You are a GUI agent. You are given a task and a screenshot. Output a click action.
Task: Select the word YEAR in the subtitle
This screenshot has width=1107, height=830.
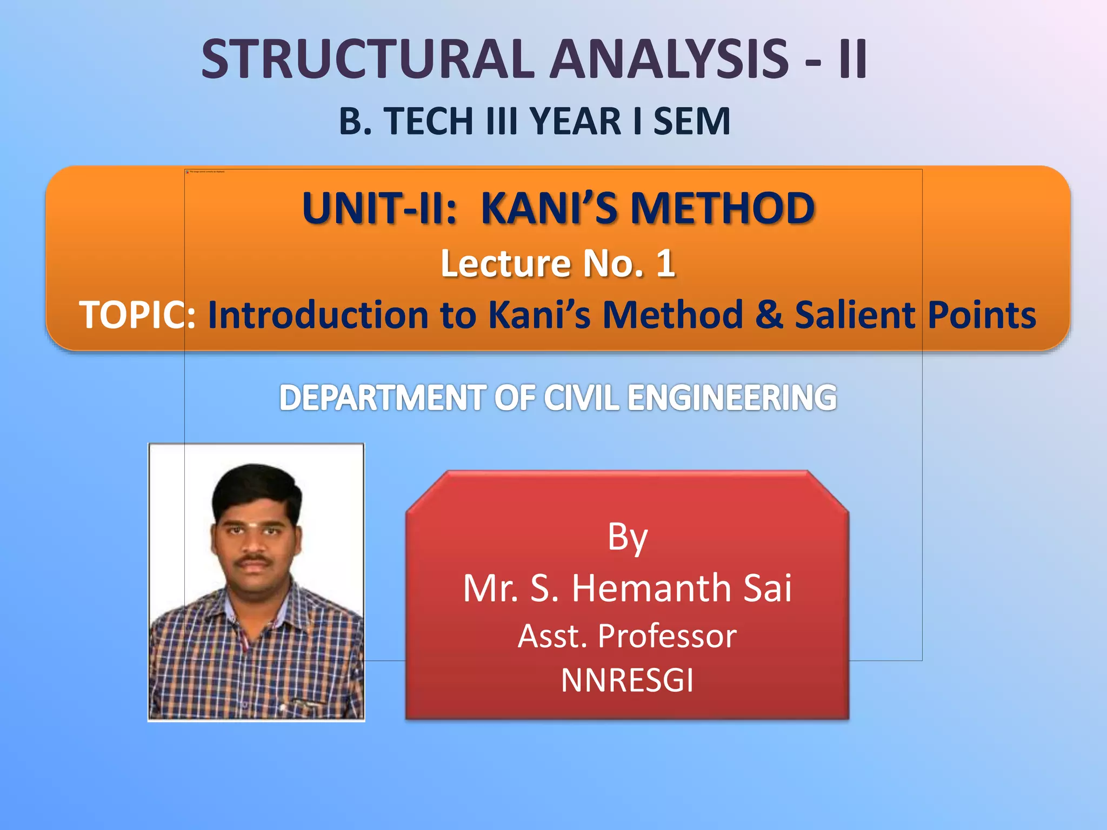coord(575,121)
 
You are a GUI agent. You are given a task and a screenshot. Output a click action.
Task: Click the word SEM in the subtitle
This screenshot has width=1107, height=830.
coord(692,121)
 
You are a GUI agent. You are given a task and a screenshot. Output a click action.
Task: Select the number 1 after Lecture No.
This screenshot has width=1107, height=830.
coord(665,264)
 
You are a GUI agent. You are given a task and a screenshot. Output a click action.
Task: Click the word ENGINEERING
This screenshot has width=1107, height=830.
coord(732,398)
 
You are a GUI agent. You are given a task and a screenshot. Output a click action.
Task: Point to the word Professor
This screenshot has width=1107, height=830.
coord(667,636)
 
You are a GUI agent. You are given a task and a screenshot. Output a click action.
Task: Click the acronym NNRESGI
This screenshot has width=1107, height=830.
coord(627,680)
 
